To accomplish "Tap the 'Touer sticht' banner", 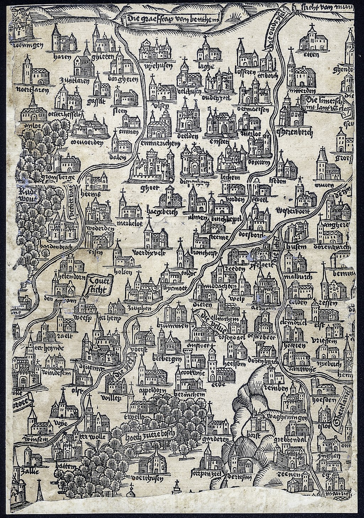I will pos(97,285).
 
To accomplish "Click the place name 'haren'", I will pos(61,57).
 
